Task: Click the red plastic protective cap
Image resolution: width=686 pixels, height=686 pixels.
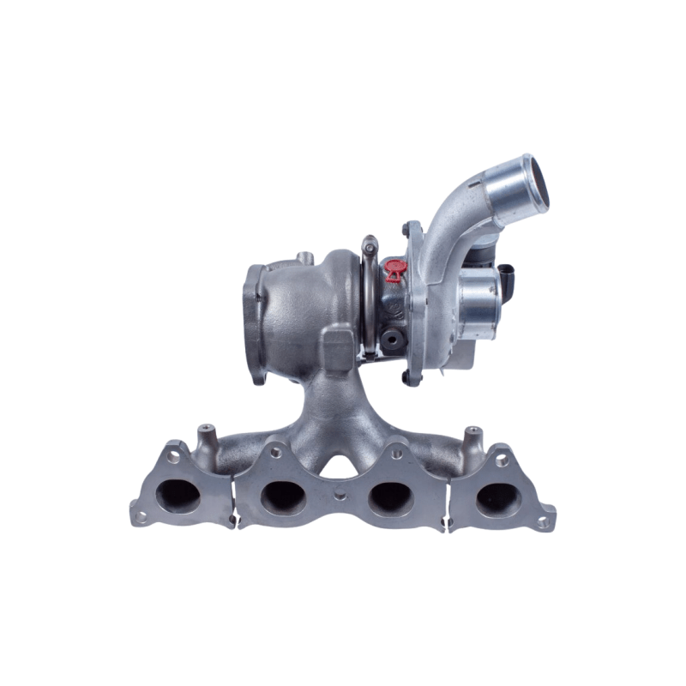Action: (x=394, y=269)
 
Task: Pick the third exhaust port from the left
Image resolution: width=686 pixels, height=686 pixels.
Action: (x=391, y=495)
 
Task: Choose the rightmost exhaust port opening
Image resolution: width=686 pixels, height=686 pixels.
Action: (x=497, y=496)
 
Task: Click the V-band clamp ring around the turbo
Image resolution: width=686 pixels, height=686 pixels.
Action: (x=369, y=292)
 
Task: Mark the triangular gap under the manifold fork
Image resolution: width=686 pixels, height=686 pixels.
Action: (x=337, y=464)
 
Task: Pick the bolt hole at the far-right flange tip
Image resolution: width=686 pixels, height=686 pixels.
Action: (x=541, y=520)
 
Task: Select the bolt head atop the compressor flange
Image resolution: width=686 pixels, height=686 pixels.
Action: (x=405, y=229)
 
